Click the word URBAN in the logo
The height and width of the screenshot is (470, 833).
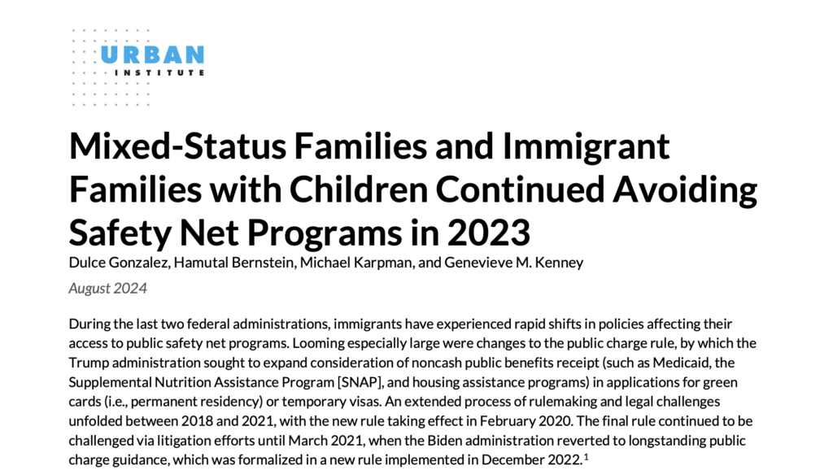tap(152, 55)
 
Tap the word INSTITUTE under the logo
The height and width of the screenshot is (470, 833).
tap(159, 73)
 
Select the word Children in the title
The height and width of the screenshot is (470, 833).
tap(346, 189)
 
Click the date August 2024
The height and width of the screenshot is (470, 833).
tap(107, 288)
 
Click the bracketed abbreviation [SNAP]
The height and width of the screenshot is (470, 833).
tap(320, 381)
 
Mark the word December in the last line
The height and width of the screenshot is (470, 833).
tap(516, 459)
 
